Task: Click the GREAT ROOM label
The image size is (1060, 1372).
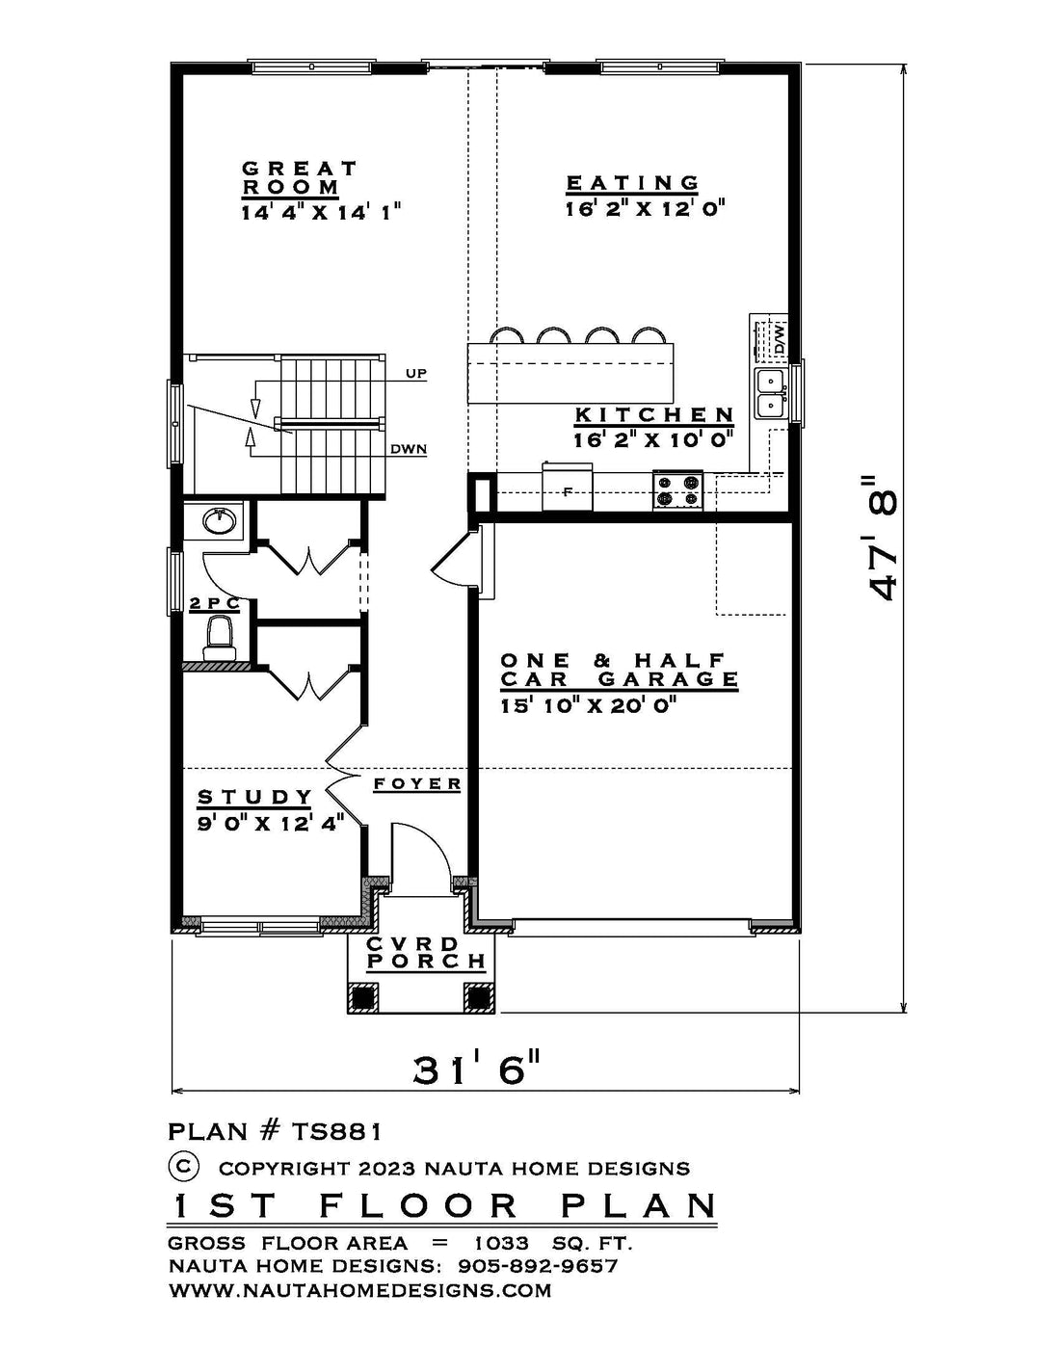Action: point(300,178)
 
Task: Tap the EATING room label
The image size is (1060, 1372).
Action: point(632,183)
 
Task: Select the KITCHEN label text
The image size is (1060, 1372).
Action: point(654,415)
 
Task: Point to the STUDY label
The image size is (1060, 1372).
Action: point(254,797)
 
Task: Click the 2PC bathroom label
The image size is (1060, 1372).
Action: point(215,603)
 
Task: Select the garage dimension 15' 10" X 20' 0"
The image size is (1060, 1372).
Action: point(584,705)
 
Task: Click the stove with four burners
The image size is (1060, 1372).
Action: point(678,490)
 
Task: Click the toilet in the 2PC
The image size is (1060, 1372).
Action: point(219,639)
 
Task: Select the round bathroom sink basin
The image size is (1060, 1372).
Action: point(219,521)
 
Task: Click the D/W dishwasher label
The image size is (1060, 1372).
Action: point(780,339)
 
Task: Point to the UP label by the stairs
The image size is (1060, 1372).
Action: point(416,374)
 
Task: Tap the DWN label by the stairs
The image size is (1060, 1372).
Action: point(409,450)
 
